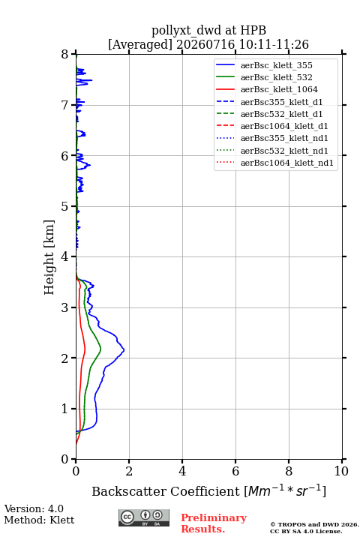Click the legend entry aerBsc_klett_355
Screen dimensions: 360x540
[276, 65]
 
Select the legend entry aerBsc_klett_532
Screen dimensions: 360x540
[276, 77]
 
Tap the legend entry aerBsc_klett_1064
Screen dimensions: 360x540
[279, 89]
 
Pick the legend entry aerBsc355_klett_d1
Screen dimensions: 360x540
[281, 102]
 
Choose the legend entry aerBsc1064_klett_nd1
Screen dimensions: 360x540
[287, 163]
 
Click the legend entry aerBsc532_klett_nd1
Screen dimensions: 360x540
[284, 151]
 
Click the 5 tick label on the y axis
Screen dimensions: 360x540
[65, 207]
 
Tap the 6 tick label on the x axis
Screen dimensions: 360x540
[235, 471]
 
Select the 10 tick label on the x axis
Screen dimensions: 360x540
[341, 471]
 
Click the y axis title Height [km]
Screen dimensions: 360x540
[49, 257]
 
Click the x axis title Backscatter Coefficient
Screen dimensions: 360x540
[166, 491]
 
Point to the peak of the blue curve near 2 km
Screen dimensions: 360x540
[124, 350]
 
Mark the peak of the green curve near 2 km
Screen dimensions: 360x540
[101, 348]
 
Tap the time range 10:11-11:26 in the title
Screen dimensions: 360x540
[274, 44]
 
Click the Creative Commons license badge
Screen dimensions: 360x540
[144, 517]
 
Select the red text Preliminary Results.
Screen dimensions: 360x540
[214, 523]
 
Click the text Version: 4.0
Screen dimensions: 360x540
[34, 508]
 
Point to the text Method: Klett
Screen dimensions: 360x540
[39, 520]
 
